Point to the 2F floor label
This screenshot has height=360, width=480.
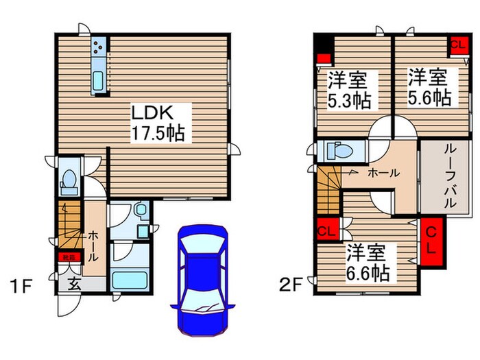pos(291,283)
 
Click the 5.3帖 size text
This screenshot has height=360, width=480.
pos(349,101)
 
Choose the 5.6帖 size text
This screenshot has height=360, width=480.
pos(430,97)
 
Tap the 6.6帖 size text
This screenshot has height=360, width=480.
pos(368,274)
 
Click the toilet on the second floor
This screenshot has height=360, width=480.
pos(336,150)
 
